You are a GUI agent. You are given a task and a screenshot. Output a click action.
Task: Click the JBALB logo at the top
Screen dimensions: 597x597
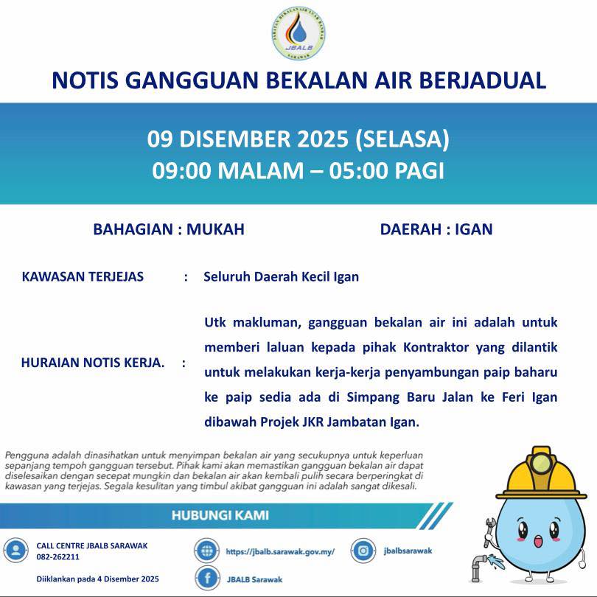pos(298,34)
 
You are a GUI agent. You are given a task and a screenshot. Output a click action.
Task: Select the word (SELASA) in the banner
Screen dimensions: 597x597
pos(402,139)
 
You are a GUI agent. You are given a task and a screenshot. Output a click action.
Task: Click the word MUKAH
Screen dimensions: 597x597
pos(215,229)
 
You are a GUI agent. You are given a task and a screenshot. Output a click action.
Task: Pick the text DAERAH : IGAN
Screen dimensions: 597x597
pos(436,229)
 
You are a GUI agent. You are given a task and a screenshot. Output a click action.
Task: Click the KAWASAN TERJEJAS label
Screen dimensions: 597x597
pos(83,277)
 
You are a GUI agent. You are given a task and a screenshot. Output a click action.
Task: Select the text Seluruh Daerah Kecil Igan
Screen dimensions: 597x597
pos(281,277)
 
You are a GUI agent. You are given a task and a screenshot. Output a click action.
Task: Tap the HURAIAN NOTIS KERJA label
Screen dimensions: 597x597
pos(93,363)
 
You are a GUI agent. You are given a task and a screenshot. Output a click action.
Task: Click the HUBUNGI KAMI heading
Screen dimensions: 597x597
pos(220,514)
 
